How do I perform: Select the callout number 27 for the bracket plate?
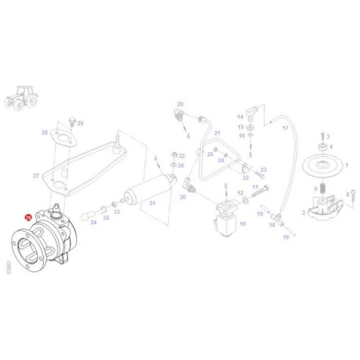[36, 176]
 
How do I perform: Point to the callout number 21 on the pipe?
[217, 133]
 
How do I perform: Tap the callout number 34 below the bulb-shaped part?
[93, 223]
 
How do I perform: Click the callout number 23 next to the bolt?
[263, 170]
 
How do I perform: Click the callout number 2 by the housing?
[303, 212]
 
